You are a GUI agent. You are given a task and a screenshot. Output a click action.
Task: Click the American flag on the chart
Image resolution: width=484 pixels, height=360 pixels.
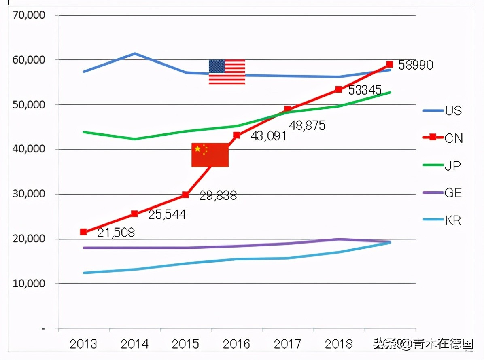tap(227, 72)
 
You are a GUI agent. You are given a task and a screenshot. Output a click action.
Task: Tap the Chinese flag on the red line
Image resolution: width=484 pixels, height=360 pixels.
tap(210, 155)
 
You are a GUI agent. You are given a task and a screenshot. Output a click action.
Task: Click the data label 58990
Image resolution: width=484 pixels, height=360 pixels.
tap(416, 65)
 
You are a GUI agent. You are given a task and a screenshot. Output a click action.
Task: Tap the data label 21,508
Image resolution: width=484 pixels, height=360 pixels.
tap(116, 233)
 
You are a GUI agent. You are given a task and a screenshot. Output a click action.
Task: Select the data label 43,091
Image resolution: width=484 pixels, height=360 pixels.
tap(268, 136)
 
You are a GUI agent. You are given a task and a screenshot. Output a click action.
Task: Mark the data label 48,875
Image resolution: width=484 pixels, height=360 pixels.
tap(307, 125)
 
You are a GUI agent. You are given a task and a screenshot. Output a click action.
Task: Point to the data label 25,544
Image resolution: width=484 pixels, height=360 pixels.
tap(167, 214)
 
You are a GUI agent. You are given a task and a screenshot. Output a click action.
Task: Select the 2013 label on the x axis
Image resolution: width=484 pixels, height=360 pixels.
tap(83, 344)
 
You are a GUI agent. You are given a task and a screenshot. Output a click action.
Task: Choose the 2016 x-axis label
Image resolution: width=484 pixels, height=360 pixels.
tap(236, 344)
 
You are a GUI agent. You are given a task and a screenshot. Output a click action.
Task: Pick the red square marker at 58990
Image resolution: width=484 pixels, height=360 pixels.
tap(389, 64)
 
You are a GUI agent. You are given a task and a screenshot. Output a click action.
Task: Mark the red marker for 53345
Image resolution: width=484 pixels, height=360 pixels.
tap(339, 89)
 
